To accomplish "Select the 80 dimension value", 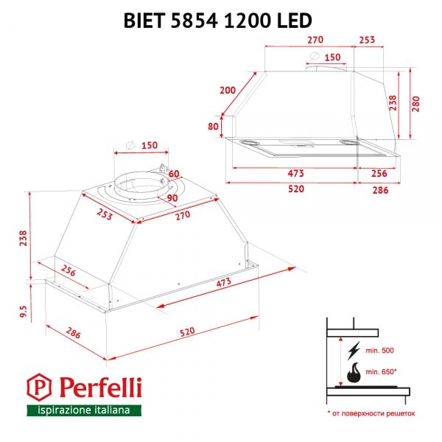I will point(214,126).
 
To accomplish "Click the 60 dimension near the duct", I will point(174,174).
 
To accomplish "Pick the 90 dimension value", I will point(172,197).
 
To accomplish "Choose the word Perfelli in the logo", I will point(96,387).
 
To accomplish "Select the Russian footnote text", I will point(371,414).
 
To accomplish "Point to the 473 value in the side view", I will point(295,173).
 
